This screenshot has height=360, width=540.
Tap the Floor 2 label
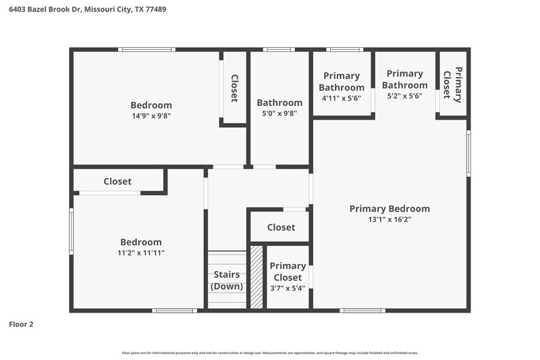point(21,324)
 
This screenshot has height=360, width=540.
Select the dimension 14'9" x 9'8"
point(151,115)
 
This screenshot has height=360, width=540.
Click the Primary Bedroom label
point(389,209)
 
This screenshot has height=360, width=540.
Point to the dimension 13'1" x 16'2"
point(389,220)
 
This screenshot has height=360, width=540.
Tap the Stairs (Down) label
point(227,280)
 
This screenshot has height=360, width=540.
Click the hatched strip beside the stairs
point(256,277)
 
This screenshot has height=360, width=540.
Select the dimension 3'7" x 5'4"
point(288,288)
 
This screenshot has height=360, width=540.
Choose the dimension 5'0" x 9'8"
point(279,114)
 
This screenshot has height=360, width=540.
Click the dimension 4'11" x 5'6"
point(342,98)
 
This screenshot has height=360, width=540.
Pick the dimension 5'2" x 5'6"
point(405,97)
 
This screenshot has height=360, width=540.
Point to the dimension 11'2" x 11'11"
point(141,253)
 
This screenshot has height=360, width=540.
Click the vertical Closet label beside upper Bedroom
point(234,88)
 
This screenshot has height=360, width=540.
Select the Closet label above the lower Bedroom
point(117,182)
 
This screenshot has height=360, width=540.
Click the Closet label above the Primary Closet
point(281,228)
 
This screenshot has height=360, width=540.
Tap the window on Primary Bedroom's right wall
point(468,153)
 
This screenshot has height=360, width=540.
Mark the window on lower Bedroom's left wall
point(72,232)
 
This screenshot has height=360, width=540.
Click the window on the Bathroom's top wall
point(278,49)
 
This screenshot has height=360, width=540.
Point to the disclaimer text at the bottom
point(269,353)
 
